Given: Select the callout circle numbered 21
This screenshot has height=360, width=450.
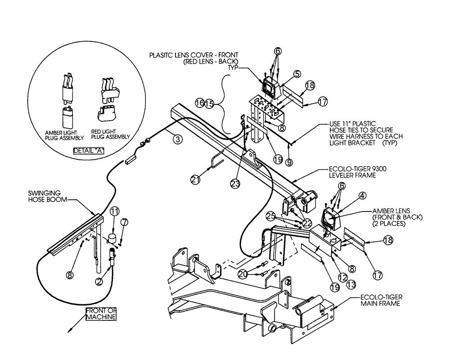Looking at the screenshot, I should (194, 180).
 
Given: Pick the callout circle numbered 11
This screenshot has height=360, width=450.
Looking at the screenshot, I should (115, 210).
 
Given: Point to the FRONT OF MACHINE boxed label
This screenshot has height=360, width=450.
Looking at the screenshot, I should (101, 314).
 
